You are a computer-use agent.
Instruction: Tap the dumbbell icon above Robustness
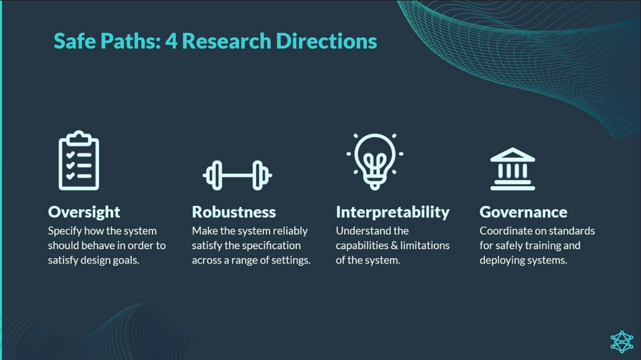[x=237, y=176]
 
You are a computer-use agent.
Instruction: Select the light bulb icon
[x=375, y=161]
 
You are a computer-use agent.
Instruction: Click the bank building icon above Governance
[x=513, y=169]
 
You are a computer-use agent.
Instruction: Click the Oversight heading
[x=84, y=212]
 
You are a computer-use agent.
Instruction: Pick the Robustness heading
[x=234, y=212]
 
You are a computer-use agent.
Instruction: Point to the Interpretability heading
[x=392, y=212]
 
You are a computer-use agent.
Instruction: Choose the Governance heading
[x=523, y=212]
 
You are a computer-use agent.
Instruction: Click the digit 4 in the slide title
[x=172, y=42]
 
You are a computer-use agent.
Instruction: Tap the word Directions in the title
[x=326, y=41]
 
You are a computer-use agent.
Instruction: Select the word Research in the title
[x=227, y=41]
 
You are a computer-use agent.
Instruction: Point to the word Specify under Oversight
[x=65, y=231]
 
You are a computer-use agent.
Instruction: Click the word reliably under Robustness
[x=290, y=231]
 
